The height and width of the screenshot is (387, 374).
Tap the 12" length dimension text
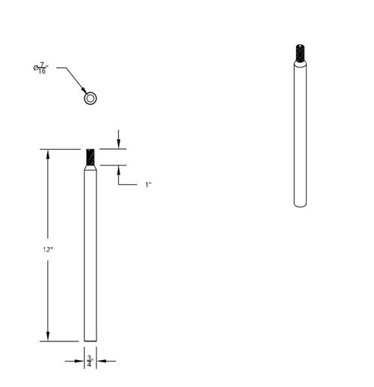(x=48, y=249)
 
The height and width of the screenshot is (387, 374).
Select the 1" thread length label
(x=148, y=184)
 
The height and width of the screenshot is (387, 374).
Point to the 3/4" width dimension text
(x=90, y=362)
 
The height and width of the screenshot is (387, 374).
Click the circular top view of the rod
(x=90, y=98)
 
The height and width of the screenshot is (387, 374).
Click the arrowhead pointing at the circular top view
(x=85, y=92)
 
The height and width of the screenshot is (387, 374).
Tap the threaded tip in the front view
(x=90, y=157)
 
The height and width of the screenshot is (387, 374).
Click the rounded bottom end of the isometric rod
(x=299, y=204)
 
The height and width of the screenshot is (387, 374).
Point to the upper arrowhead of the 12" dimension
(x=48, y=153)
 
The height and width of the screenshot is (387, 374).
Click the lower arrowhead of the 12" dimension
(x=48, y=338)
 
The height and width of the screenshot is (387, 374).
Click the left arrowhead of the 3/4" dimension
(x=80, y=362)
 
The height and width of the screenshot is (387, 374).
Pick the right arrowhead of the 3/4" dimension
(x=99, y=362)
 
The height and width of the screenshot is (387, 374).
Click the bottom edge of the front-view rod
(x=90, y=341)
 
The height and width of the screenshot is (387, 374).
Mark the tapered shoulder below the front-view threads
(x=90, y=168)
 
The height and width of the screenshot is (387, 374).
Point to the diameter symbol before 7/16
(x=36, y=69)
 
